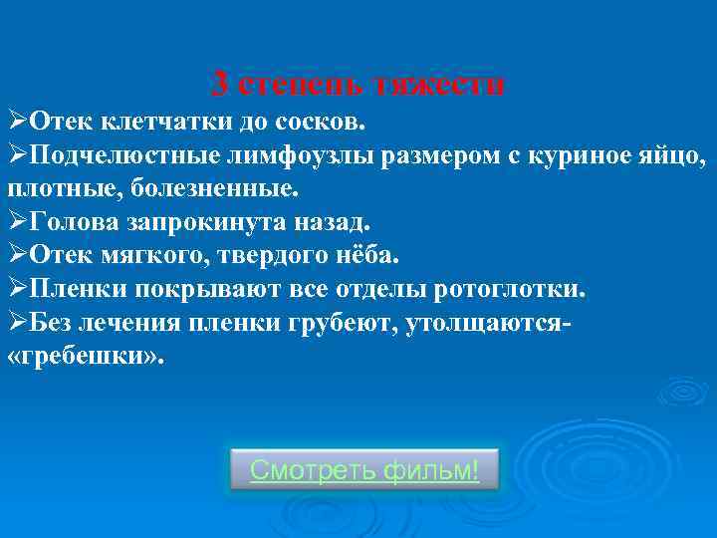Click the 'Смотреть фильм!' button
pyautogui.click(x=364, y=468)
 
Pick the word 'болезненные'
pyautogui.click(x=212, y=188)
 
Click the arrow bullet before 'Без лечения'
pyautogui.click(x=17, y=322)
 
